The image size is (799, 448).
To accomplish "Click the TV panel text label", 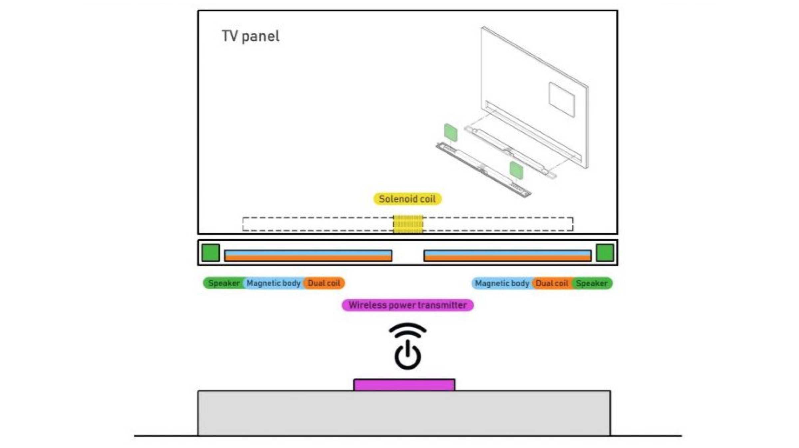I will (x=250, y=36).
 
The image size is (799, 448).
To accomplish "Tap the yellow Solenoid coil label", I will (x=407, y=199).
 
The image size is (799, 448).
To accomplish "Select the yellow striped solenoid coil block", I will (x=408, y=224).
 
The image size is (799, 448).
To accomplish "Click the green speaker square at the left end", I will (x=210, y=252).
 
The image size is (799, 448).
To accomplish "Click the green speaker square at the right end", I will (x=605, y=252).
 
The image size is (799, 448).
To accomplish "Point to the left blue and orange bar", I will (x=308, y=255).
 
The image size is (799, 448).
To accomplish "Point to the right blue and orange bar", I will (x=507, y=255).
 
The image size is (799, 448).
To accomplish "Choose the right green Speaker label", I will (x=592, y=283).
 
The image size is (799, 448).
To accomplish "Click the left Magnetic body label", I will (x=273, y=283).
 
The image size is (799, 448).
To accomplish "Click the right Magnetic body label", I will (x=502, y=283).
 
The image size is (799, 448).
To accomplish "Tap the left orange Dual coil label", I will (x=324, y=283).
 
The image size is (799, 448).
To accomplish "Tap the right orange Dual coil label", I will (x=552, y=283).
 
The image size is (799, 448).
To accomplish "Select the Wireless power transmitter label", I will (x=407, y=305).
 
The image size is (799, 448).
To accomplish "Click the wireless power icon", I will (x=407, y=346).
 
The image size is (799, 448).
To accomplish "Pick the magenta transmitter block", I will (x=404, y=385).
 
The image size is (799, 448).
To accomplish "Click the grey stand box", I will (x=404, y=413).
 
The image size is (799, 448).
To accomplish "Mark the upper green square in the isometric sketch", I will (x=450, y=132).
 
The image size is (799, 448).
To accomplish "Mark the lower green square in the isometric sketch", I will (x=516, y=170).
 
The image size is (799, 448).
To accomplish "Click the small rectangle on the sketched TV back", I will (x=561, y=99).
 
